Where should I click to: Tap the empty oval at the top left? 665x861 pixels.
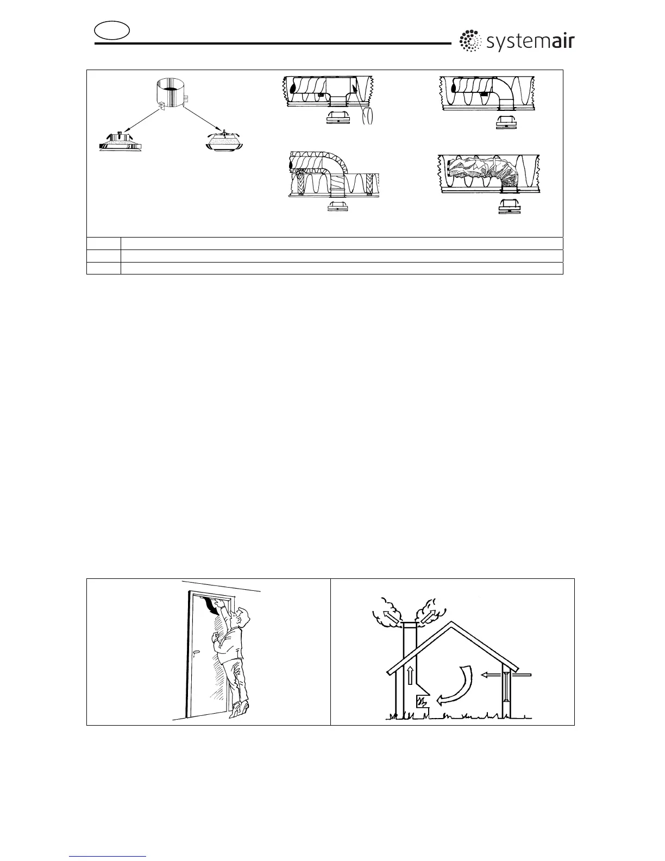[x=112, y=30]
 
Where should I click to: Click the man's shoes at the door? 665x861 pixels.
[x=239, y=708]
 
